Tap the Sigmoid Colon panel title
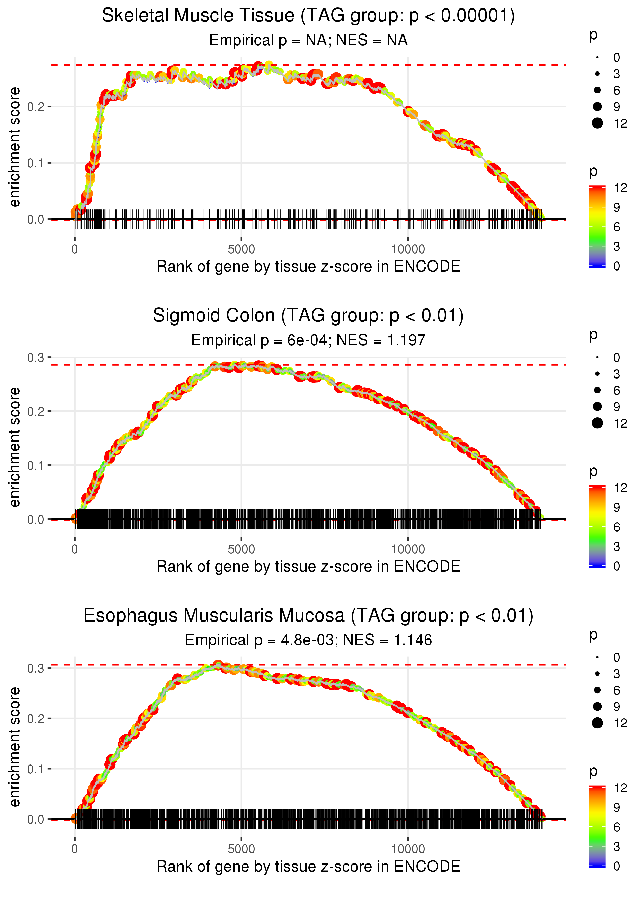point(308,316)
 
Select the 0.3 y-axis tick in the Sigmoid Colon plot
point(36,358)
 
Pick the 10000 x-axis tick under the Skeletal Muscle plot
point(408,249)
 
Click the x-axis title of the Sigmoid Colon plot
point(308,567)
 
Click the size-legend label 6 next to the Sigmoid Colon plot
point(617,391)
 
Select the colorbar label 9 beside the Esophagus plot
point(617,807)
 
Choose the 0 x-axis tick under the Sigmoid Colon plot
point(75,549)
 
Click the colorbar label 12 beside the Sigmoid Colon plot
point(620,488)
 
